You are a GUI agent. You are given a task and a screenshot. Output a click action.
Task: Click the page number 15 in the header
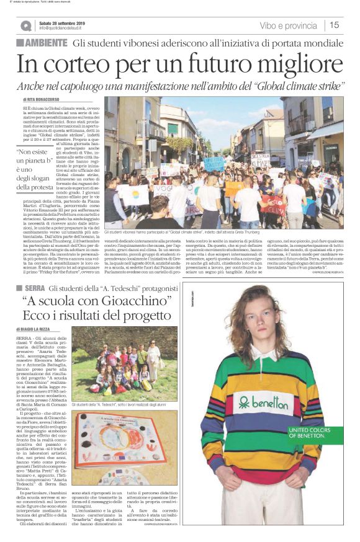click(x=335, y=25)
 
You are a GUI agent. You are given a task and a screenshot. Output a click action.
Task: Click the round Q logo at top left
click(x=25, y=25)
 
